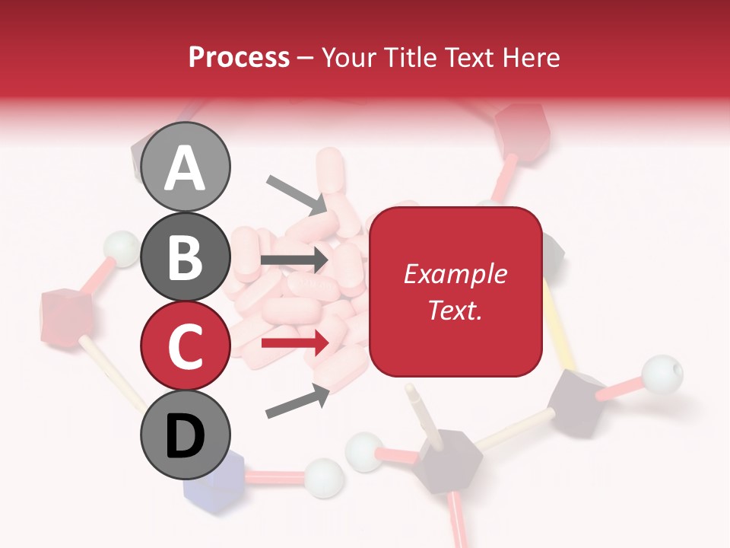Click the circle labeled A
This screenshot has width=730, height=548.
click(x=186, y=167)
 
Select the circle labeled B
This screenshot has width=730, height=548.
click(x=186, y=256)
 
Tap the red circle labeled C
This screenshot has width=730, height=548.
click(x=186, y=346)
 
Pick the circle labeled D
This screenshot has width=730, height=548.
click(x=186, y=436)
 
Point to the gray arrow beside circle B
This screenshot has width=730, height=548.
click(x=294, y=260)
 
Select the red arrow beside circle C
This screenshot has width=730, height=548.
click(x=294, y=343)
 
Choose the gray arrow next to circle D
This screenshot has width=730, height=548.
click(x=297, y=401)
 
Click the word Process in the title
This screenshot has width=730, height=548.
click(x=239, y=57)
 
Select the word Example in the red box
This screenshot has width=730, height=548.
click(x=455, y=274)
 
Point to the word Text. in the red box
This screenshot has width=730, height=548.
click(x=455, y=310)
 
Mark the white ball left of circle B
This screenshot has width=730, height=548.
click(x=120, y=247)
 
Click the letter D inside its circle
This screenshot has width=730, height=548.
click(x=186, y=437)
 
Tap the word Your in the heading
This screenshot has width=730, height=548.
click(x=349, y=57)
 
